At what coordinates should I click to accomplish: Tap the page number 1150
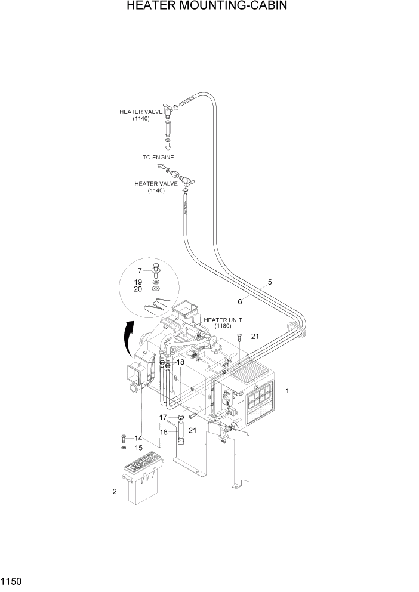[x=12, y=581]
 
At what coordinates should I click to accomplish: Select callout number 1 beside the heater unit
[x=287, y=391]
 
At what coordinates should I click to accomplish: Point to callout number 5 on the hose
[x=270, y=282]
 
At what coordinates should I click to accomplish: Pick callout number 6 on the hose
[x=239, y=301]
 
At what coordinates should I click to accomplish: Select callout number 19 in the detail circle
[x=138, y=281]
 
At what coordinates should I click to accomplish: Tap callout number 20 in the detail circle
[x=138, y=289]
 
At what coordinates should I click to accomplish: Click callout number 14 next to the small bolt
[x=138, y=438]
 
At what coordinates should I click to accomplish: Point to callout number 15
[x=138, y=447]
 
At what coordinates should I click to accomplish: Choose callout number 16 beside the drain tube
[x=164, y=431]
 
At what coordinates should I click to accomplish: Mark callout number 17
[x=164, y=417]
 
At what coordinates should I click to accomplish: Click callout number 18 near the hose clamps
[x=180, y=362]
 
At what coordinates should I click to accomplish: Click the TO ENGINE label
[x=158, y=158]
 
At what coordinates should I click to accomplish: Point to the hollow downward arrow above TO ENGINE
[x=168, y=145]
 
